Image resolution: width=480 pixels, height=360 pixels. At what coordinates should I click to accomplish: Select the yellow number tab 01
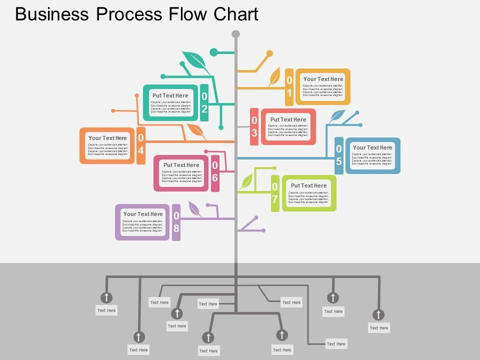point(289,87)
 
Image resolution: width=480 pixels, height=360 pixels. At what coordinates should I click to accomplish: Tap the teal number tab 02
point(204,102)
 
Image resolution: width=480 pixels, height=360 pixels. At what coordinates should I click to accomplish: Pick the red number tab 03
point(254,126)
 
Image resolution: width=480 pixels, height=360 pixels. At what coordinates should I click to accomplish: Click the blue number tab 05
point(339,155)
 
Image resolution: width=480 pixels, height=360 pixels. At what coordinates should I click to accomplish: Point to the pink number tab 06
point(215,173)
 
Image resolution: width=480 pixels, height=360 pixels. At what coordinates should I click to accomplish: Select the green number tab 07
point(275,193)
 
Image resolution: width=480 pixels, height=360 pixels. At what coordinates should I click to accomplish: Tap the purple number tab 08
point(176,222)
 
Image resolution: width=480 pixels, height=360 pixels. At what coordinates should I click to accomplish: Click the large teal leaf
point(195,61)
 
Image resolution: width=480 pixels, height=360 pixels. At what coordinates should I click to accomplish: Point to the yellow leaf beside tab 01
point(275,77)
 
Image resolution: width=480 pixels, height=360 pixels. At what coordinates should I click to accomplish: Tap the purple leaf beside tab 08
point(195,209)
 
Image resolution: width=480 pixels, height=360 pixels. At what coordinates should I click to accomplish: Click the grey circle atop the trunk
point(236,34)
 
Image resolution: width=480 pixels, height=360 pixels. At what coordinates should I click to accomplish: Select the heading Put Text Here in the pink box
point(181,165)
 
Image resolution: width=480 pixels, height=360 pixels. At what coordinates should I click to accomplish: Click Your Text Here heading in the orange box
point(107,138)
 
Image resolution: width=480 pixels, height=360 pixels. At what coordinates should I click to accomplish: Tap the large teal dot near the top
point(214,52)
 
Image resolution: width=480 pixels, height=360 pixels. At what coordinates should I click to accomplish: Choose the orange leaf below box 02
point(196,131)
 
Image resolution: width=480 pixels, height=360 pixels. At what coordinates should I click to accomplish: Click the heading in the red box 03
point(288,119)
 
